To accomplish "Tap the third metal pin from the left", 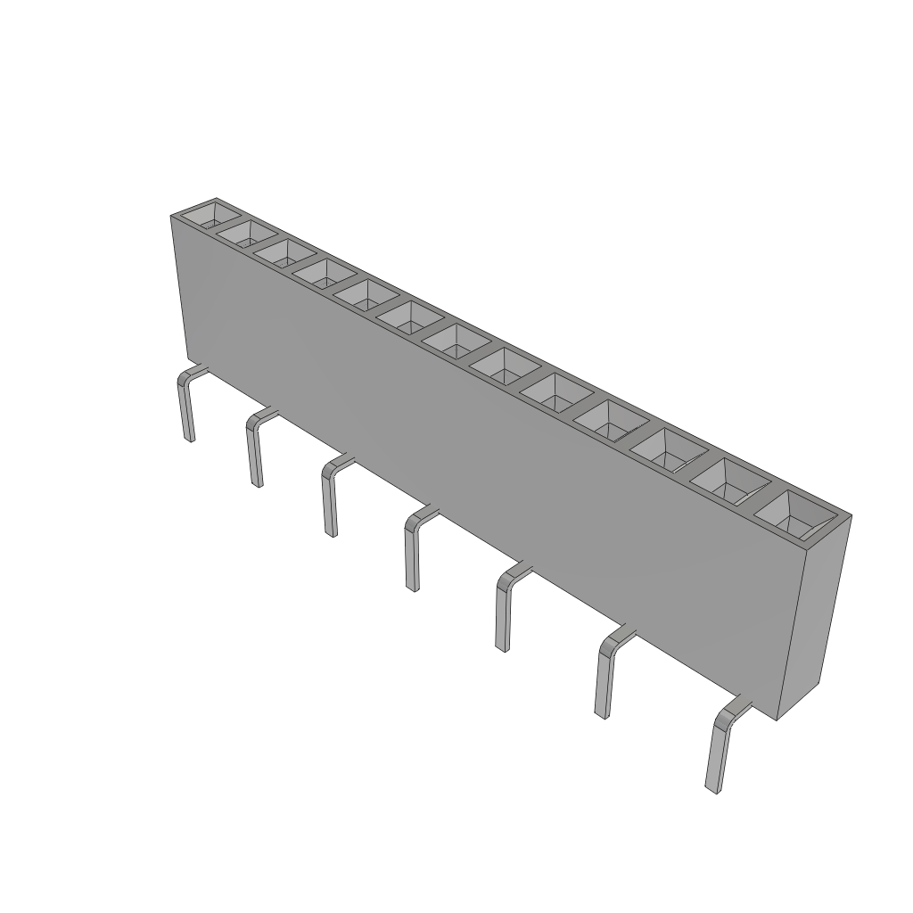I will (329, 499).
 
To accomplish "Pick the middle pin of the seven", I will (412, 553).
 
